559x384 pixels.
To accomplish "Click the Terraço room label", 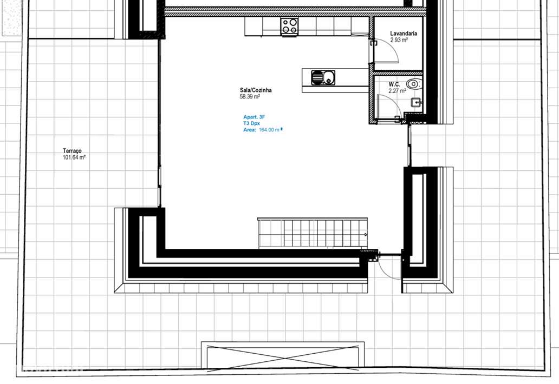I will (72, 151).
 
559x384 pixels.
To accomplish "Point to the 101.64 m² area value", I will (75, 158).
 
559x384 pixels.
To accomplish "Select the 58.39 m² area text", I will (250, 97).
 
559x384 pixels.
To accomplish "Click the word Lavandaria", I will (404, 34).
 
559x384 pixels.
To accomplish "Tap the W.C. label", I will (394, 84).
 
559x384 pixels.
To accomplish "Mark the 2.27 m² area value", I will (397, 91).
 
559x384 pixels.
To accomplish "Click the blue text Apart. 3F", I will (254, 117).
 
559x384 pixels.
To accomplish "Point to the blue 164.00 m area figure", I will (270, 130).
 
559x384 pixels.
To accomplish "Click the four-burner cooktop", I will (289, 25).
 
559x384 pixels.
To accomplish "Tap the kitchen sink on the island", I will (323, 78).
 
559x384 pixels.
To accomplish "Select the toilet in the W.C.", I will (414, 84).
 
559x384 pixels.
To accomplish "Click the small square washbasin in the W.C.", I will (415, 102).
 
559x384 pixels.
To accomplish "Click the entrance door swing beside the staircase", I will (388, 268).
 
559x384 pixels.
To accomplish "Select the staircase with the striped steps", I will (313, 233).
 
